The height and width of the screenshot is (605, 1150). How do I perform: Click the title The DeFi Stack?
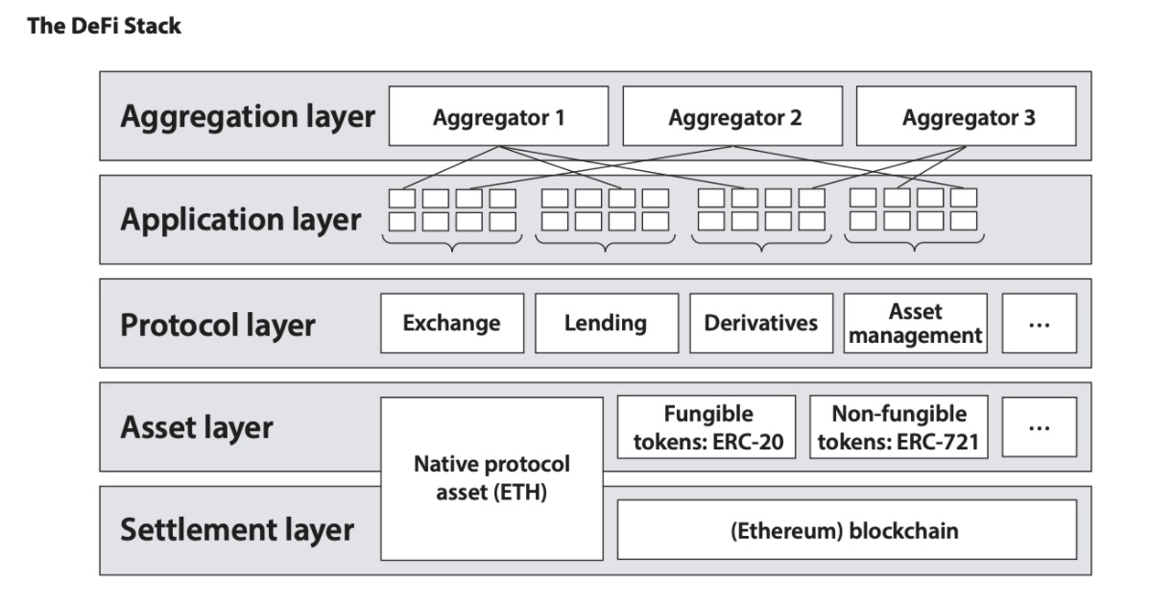pyautogui.click(x=104, y=26)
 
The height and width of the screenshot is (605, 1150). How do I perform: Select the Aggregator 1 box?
pyautogui.click(x=498, y=119)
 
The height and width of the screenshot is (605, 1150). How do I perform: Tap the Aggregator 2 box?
pyautogui.click(x=734, y=119)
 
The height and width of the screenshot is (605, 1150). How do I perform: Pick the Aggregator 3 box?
pyautogui.click(x=969, y=119)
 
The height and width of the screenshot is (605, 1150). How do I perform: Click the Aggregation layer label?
pyautogui.click(x=247, y=117)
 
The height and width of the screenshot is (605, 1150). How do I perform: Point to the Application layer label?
pyautogui.click(x=241, y=220)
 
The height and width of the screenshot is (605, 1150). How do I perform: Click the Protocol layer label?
pyautogui.click(x=218, y=325)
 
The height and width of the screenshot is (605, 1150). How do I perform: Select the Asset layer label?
pyautogui.click(x=197, y=427)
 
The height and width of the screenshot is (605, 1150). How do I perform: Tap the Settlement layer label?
pyautogui.click(x=237, y=530)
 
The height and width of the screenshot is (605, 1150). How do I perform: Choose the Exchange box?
pyautogui.click(x=452, y=324)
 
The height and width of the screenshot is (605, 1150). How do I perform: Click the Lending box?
pyautogui.click(x=606, y=324)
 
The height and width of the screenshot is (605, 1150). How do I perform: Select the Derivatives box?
pyautogui.click(x=761, y=324)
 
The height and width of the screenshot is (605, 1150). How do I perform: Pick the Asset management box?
pyautogui.click(x=916, y=324)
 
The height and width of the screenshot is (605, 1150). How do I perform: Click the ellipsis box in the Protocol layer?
pyautogui.click(x=1039, y=324)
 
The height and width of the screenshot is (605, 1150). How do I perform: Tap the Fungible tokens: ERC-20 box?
pyautogui.click(x=707, y=427)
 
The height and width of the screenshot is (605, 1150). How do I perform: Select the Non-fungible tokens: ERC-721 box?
pyautogui.click(x=898, y=427)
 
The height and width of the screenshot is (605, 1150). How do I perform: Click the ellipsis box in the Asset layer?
pyautogui.click(x=1039, y=427)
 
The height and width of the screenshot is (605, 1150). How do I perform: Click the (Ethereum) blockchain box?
pyautogui.click(x=846, y=530)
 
